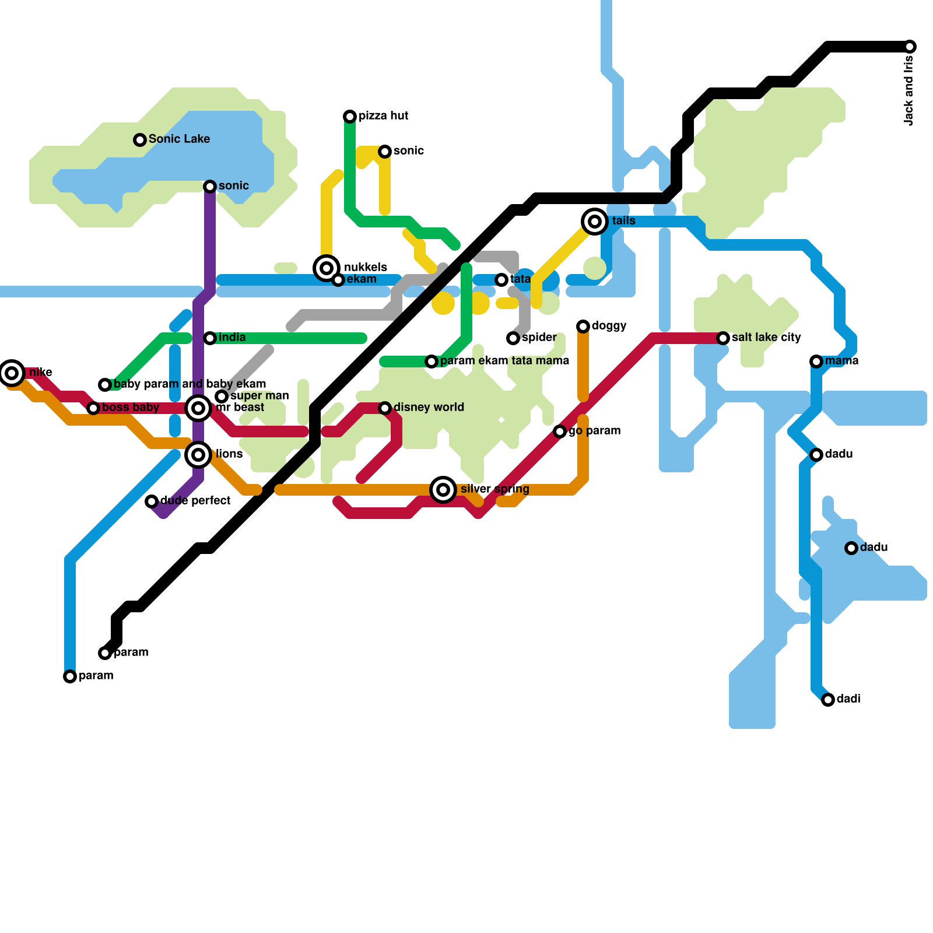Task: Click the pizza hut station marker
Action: [350, 117]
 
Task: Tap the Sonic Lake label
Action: [179, 139]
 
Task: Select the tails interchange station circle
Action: [595, 222]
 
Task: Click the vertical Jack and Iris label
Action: [909, 90]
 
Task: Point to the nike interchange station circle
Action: [12, 373]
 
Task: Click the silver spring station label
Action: [494, 489]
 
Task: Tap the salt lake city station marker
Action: [723, 338]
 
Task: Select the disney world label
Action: [429, 408]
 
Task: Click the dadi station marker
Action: [828, 700]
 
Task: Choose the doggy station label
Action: [609, 326]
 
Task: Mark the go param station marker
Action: [560, 432]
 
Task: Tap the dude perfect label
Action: [195, 501]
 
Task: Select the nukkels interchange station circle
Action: [327, 268]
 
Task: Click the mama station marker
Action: [816, 362]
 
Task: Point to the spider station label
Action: [539, 338]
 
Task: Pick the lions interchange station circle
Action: [198, 455]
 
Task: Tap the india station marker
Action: [210, 338]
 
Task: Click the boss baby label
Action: [131, 408]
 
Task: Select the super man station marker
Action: [222, 397]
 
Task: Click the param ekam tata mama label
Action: [504, 361]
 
